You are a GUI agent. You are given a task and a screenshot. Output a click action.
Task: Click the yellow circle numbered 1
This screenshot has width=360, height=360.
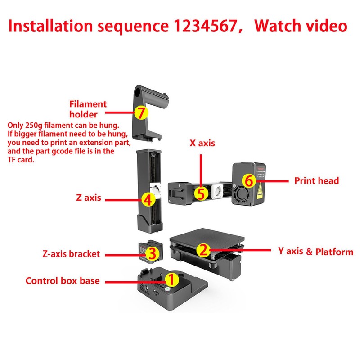172,279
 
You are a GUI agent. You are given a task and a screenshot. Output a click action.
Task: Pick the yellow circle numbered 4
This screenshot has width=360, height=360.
147,199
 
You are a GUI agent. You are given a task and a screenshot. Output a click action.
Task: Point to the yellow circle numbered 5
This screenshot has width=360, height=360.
201,193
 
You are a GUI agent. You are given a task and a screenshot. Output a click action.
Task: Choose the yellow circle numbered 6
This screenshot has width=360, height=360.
248,181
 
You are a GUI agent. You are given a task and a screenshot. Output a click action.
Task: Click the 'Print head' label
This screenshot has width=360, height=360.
316,181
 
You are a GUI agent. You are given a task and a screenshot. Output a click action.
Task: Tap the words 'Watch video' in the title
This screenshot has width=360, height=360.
300,26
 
